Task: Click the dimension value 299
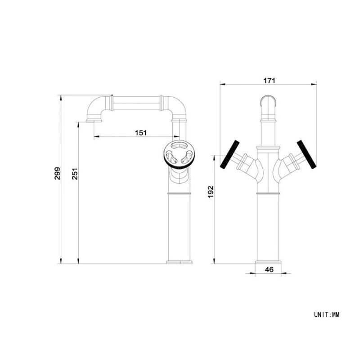[57, 173]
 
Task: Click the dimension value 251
[75, 174]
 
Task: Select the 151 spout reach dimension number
[140, 133]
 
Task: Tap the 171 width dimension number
[269, 81]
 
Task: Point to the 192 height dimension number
[211, 192]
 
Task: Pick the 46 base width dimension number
[269, 269]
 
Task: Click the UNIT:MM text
[327, 314]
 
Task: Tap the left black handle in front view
[229, 154]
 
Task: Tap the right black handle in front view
[306, 154]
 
